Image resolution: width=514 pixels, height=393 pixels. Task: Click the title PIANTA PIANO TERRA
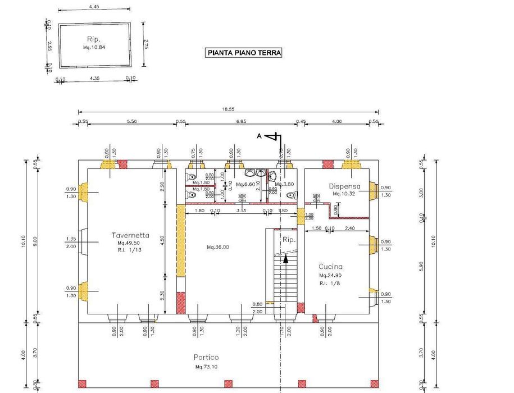(x=244, y=53)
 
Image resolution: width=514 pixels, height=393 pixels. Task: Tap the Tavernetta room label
(x=130, y=236)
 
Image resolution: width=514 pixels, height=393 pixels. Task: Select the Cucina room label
(x=330, y=267)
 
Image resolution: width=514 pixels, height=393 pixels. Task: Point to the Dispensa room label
(x=344, y=186)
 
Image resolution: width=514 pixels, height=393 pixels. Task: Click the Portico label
(x=206, y=357)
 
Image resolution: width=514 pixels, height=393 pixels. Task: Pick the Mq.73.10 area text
(x=206, y=367)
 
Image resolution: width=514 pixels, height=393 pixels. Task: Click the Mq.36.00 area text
(x=218, y=247)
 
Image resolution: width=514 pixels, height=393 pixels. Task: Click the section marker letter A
(x=259, y=136)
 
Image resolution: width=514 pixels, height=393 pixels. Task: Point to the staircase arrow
(x=286, y=259)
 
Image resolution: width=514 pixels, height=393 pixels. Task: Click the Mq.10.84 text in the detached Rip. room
(x=94, y=47)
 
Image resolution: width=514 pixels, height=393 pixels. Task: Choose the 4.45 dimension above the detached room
(x=94, y=7)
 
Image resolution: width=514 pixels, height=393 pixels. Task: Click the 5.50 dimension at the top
(x=133, y=121)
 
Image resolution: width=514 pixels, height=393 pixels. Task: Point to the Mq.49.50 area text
(x=129, y=244)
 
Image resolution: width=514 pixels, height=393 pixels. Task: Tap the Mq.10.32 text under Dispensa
(x=344, y=194)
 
